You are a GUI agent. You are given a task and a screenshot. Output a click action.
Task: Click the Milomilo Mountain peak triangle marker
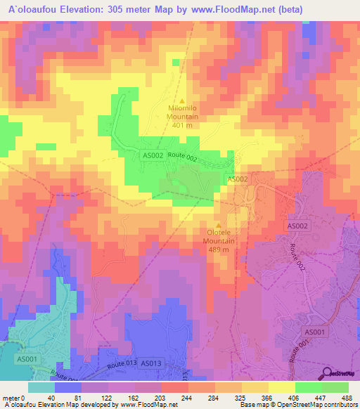pyautogui.click(x=183, y=100)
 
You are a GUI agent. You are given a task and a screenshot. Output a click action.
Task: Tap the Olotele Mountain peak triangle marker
pyautogui.click(x=218, y=225)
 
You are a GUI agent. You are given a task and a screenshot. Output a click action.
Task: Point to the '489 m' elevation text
pyautogui.click(x=218, y=249)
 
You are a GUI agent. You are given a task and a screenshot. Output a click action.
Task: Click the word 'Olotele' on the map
pyautogui.click(x=218, y=233)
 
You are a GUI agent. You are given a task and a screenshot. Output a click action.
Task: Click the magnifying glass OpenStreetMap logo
pyautogui.click(x=328, y=373)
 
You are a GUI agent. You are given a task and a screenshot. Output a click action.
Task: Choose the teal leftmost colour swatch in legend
pyautogui.click(x=41, y=387)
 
